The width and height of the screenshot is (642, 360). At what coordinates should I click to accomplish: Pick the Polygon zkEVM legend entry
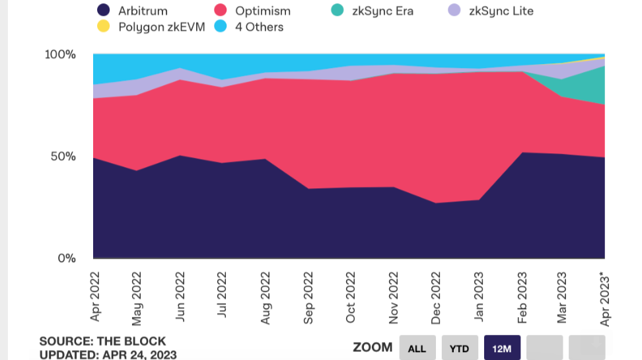click(152, 27)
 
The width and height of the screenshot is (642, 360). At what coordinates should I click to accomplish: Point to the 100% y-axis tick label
click(60, 54)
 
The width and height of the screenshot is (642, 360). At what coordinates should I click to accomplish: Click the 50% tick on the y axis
click(64, 157)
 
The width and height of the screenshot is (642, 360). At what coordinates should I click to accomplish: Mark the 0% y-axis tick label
click(67, 258)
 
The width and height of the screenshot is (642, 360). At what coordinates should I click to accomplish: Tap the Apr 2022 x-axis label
click(94, 295)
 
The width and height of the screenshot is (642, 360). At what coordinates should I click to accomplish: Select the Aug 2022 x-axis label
click(265, 295)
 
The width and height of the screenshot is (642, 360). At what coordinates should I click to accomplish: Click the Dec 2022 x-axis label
click(435, 295)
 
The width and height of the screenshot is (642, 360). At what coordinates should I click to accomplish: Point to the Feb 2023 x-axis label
click(521, 295)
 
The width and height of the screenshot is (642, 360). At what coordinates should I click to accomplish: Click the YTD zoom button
click(459, 348)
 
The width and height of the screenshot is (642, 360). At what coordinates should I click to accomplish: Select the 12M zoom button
click(502, 348)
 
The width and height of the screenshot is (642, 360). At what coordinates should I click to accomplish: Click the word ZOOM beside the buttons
click(373, 347)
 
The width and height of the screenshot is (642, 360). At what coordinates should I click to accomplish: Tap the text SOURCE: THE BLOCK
click(102, 342)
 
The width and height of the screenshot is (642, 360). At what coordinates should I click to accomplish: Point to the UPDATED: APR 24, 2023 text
click(107, 354)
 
